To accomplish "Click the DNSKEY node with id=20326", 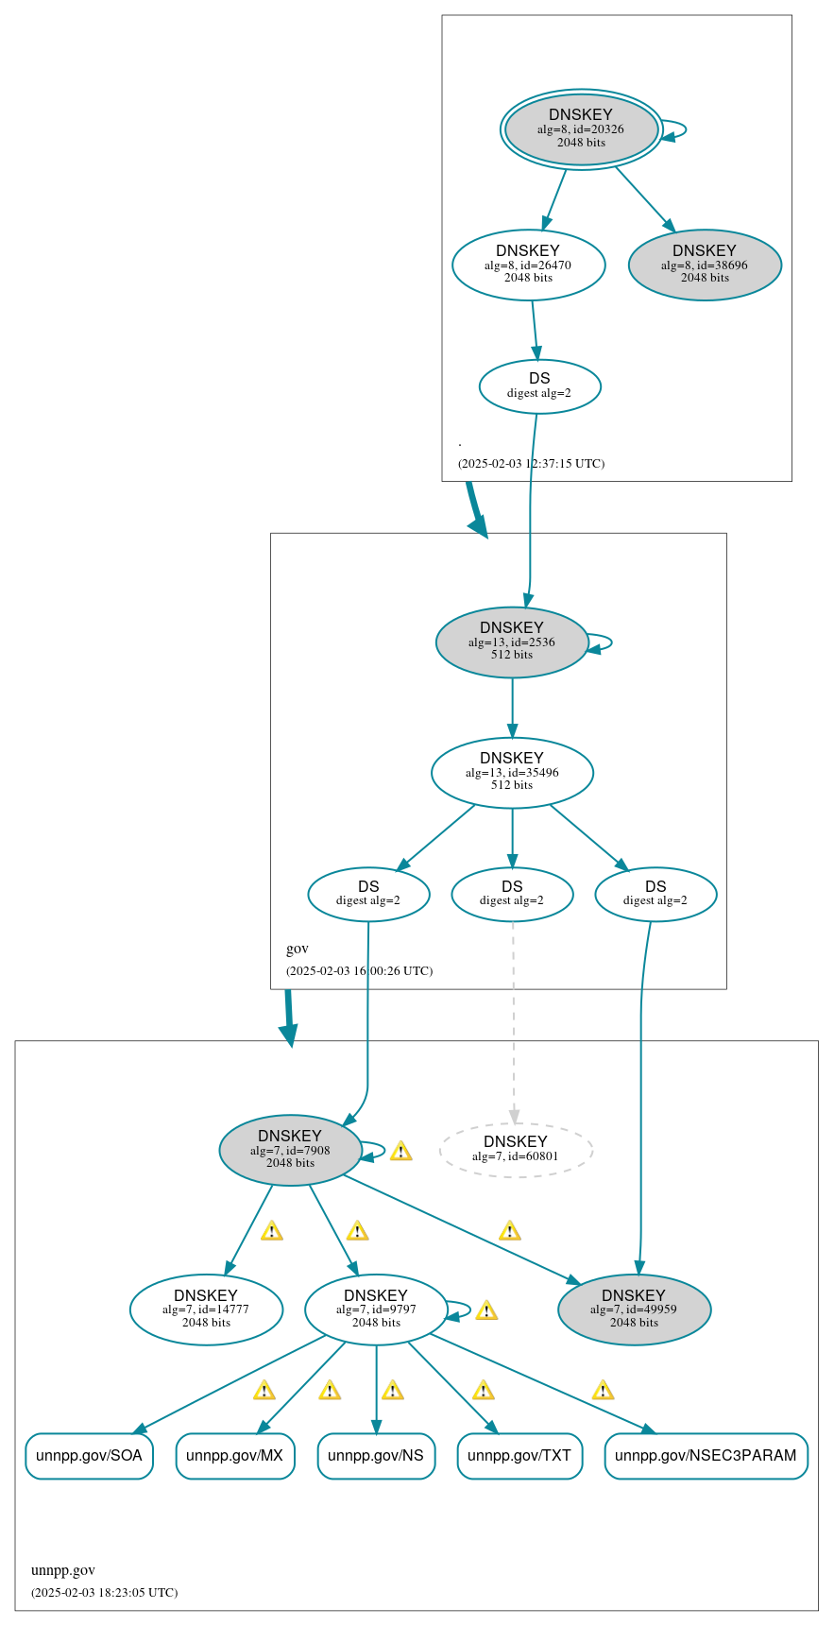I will (x=581, y=129).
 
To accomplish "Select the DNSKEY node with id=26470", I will (x=528, y=265).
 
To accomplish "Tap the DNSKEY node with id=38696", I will (x=705, y=265).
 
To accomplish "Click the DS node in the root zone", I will (x=539, y=386).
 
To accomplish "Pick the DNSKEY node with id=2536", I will (x=512, y=642).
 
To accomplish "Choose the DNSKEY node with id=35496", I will (x=512, y=773).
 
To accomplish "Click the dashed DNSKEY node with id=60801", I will (x=516, y=1150).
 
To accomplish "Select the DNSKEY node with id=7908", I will (x=290, y=1151).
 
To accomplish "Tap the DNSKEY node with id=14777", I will (x=206, y=1310).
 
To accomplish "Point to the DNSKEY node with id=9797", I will (x=376, y=1310).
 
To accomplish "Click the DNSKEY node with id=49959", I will (x=634, y=1310).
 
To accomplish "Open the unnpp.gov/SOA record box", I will (x=89, y=1456).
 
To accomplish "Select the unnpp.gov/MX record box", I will (x=235, y=1456).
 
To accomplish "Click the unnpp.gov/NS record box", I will (x=376, y=1456).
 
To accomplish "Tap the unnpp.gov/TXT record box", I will (x=519, y=1456).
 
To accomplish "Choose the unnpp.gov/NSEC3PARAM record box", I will (x=706, y=1456).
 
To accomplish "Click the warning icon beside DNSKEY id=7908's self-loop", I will (x=400, y=1151).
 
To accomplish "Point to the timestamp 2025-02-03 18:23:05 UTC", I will (x=104, y=1592).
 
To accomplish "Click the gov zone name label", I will (x=298, y=949).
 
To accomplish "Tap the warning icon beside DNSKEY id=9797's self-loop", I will (x=486, y=1310).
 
